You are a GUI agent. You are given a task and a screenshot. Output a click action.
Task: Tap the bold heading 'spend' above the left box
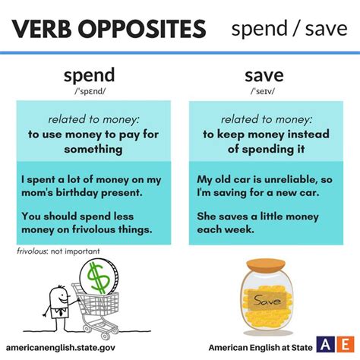click(90, 75)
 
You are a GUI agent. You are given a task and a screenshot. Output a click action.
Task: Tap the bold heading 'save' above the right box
click(264, 76)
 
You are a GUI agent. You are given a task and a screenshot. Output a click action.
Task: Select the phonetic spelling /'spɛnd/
click(90, 91)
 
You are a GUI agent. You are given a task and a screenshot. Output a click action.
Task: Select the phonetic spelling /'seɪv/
click(263, 91)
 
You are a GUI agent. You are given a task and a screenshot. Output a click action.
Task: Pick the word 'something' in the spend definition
click(93, 149)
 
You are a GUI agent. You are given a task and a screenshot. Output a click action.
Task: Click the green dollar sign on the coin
click(98, 278)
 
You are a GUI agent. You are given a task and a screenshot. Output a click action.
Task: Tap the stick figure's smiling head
click(58, 296)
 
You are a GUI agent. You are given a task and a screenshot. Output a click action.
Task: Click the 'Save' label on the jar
click(267, 301)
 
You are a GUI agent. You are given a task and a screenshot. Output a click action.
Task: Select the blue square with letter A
click(325, 345)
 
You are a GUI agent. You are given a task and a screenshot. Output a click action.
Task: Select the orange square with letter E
click(346, 345)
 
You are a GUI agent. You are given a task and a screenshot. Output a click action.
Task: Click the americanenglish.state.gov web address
click(61, 347)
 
